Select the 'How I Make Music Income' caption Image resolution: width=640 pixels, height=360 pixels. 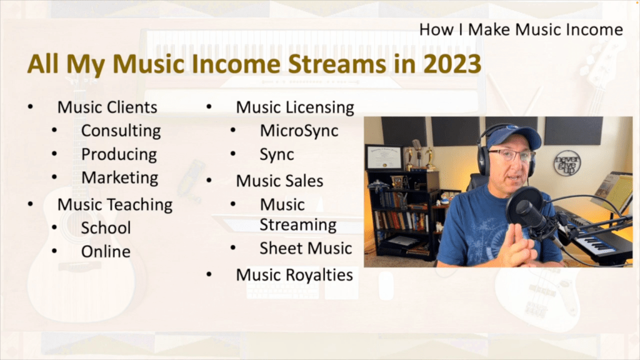[521, 29]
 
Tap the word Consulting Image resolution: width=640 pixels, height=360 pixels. [121, 131]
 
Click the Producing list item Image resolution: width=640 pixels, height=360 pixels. [119, 154]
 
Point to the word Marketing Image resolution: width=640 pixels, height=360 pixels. [119, 178]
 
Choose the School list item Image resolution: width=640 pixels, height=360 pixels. [106, 227]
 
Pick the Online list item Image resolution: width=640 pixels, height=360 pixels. [106, 251]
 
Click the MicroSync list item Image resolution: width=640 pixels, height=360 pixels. [299, 131]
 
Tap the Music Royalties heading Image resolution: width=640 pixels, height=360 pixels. [294, 275]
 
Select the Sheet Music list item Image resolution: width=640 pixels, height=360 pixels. [306, 248]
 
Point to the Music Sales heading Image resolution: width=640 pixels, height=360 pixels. [279, 181]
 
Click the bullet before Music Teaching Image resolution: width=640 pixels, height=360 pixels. [31, 204]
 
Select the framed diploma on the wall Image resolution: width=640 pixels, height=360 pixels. [384, 157]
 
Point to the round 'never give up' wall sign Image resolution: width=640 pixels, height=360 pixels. [567, 163]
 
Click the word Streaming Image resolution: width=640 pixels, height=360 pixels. [298, 225]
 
